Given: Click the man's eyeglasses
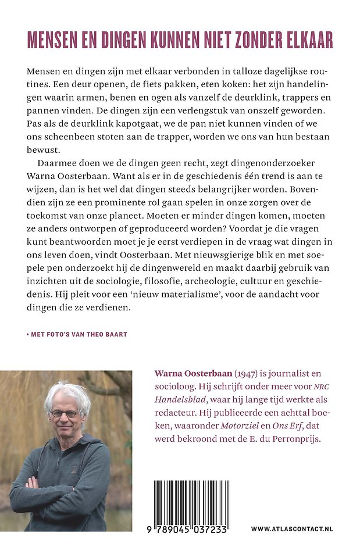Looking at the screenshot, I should coord(65,414).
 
